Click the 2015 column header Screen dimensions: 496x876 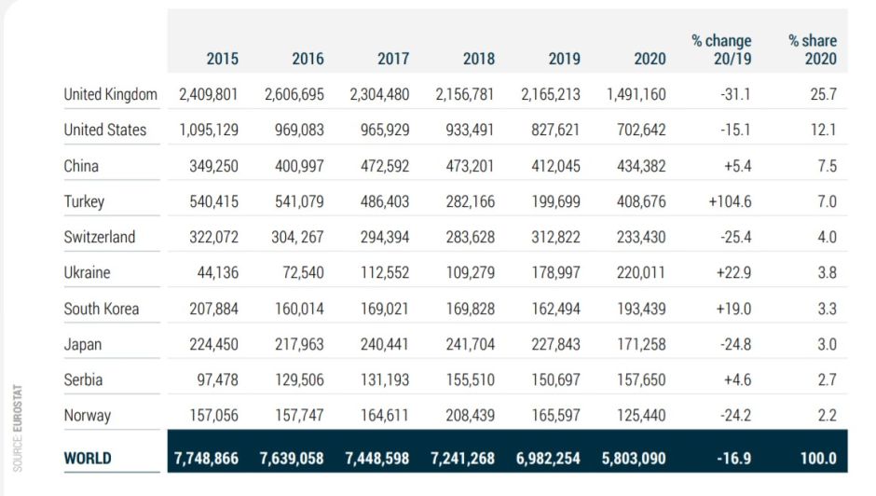point(222,59)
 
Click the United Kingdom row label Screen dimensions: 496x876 point(110,94)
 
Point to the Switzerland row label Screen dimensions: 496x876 point(99,237)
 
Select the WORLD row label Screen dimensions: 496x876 point(88,458)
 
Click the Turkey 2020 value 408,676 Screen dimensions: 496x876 point(641,201)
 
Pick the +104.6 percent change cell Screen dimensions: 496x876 point(728,201)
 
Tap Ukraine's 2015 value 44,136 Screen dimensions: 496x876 point(213,273)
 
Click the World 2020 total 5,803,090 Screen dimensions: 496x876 point(633,458)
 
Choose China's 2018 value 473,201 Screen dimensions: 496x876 point(466,166)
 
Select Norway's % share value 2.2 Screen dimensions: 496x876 point(826,415)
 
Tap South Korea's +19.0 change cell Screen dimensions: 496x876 point(732,309)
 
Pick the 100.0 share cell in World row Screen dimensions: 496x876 point(818,458)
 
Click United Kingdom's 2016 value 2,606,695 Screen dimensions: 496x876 point(294,94)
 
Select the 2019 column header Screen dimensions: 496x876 point(565,59)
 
